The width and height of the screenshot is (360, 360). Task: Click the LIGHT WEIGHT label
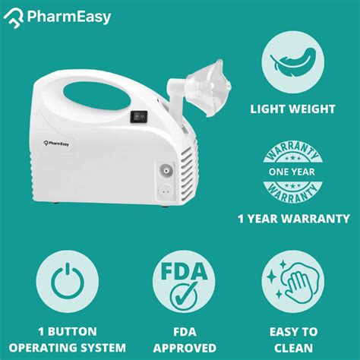point(293,109)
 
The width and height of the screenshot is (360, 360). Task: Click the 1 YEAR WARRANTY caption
point(293,219)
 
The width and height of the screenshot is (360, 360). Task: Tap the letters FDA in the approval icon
point(179,270)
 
